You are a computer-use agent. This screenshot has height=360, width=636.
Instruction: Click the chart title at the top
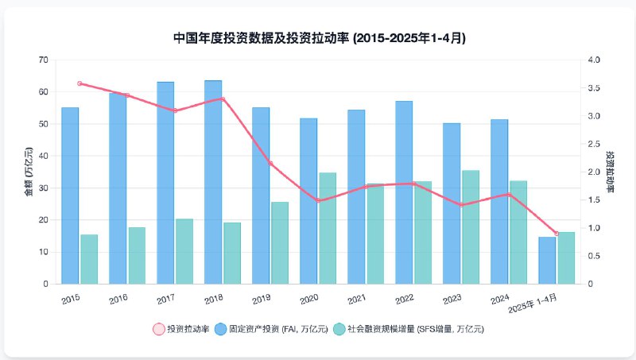click(319, 37)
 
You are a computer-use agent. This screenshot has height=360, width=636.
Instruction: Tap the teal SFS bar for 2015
click(89, 259)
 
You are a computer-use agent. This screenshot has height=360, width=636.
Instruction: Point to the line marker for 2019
click(270, 164)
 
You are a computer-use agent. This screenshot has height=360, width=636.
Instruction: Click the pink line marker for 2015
click(79, 83)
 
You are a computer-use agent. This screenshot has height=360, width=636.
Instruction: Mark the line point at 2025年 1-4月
click(556, 234)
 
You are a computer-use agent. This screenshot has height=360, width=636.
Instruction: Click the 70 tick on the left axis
click(43, 60)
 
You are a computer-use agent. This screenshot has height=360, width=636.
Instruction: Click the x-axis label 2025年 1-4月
click(533, 303)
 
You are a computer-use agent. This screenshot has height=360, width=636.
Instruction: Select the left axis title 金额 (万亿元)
click(29, 172)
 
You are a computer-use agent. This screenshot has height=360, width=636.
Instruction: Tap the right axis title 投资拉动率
click(610, 172)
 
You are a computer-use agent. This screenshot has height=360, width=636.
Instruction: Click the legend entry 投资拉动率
click(182, 328)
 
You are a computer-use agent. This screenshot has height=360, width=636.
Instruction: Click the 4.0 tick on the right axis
click(595, 60)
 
